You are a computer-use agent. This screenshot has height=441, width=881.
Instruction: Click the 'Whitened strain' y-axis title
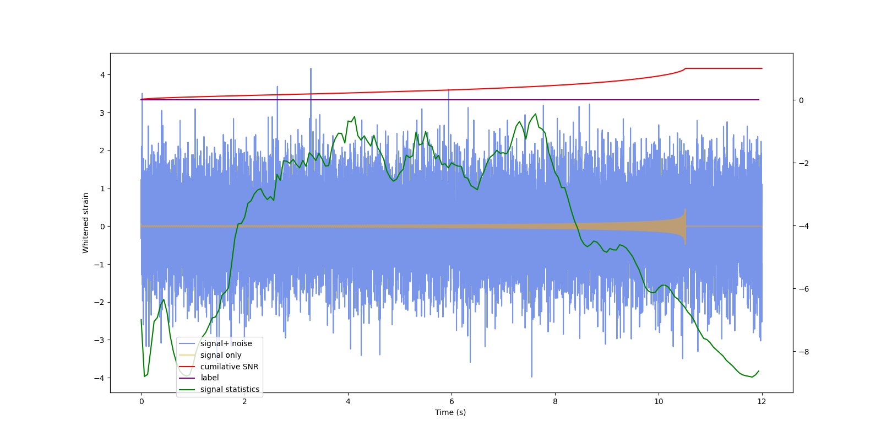tap(86, 223)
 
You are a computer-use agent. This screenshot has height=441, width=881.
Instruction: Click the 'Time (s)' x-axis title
tap(450, 412)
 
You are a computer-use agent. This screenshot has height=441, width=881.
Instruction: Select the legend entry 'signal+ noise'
tap(226, 343)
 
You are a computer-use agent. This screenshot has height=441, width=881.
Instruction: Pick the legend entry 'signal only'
tap(220, 355)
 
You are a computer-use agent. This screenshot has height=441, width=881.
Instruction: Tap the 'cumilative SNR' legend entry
tap(229, 367)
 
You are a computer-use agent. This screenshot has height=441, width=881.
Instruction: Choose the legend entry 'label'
tap(209, 378)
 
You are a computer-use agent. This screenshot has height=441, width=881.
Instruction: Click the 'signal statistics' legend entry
tap(230, 389)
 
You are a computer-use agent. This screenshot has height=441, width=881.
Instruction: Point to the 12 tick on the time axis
tap(762, 401)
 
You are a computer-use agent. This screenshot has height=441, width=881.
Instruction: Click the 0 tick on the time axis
tap(141, 401)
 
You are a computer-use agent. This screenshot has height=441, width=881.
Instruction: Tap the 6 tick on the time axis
tap(452, 401)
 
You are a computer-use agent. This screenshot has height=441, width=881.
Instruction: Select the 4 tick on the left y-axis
tap(102, 75)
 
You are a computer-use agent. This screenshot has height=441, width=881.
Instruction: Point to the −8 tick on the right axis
tap(801, 352)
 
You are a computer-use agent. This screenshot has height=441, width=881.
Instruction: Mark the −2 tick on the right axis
tap(801, 163)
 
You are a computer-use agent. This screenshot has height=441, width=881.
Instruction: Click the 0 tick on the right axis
tap(801, 100)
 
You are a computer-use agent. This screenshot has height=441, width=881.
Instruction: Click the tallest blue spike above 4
tap(311, 69)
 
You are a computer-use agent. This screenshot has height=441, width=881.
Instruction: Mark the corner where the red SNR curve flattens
tap(686, 68)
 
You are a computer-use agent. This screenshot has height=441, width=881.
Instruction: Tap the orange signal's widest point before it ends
tap(685, 226)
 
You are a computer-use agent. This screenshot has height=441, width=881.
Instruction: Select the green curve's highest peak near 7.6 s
tap(536, 114)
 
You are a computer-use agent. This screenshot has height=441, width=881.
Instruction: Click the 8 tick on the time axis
tap(555, 401)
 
